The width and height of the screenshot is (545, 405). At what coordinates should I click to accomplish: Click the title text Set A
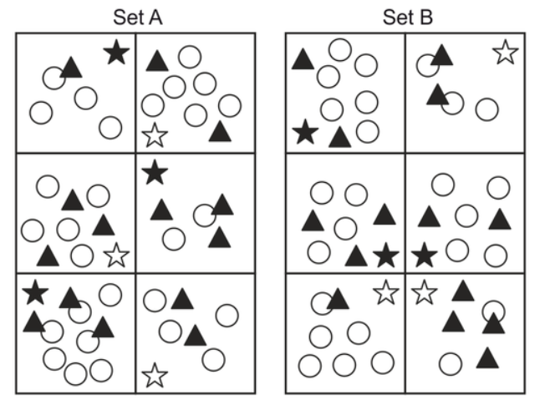(x=135, y=16)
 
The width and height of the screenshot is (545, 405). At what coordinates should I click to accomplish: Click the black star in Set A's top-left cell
(x=116, y=53)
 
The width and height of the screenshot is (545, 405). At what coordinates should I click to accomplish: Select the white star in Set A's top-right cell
(x=154, y=134)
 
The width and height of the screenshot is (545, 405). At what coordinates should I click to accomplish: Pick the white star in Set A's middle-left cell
(x=116, y=256)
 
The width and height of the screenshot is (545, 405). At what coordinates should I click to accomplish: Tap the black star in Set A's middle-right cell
(x=155, y=174)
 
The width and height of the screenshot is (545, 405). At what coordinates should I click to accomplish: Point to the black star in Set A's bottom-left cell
(x=35, y=293)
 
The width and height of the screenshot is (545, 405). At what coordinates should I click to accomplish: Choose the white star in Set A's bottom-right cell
(x=154, y=375)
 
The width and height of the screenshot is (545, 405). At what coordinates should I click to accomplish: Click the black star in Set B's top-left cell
(x=306, y=132)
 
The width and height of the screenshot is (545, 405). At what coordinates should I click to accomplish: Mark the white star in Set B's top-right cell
(x=505, y=53)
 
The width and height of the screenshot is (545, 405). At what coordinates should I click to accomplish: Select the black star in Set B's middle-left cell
(x=385, y=256)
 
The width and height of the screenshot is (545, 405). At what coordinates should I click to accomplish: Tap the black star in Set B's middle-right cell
(x=425, y=255)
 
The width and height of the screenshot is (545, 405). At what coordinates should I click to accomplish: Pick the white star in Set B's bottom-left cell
(x=385, y=292)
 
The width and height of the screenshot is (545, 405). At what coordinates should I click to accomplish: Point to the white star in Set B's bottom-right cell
(x=425, y=292)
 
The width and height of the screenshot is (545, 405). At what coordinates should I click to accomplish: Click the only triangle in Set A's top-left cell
(x=72, y=68)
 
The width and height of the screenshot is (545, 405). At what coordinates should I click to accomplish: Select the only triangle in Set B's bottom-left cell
(x=337, y=298)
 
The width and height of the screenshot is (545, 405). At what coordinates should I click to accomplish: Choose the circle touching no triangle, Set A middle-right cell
(x=173, y=239)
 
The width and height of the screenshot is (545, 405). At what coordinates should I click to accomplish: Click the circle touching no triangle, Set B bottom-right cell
(x=451, y=363)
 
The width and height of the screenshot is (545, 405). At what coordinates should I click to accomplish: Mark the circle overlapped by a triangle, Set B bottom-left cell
(x=322, y=303)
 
